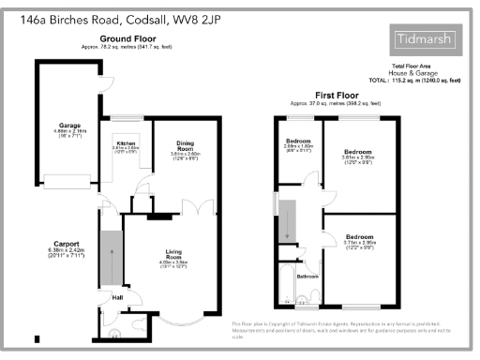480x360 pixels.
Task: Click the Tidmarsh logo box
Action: (424, 39)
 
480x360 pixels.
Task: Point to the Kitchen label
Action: (125, 142)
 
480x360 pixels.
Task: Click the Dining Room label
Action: (185, 146)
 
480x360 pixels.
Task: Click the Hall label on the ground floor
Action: (117, 298)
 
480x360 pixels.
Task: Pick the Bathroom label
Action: (308, 277)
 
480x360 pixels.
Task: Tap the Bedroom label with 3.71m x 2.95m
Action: (360, 237)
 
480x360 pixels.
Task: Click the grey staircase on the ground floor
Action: (111, 256)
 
